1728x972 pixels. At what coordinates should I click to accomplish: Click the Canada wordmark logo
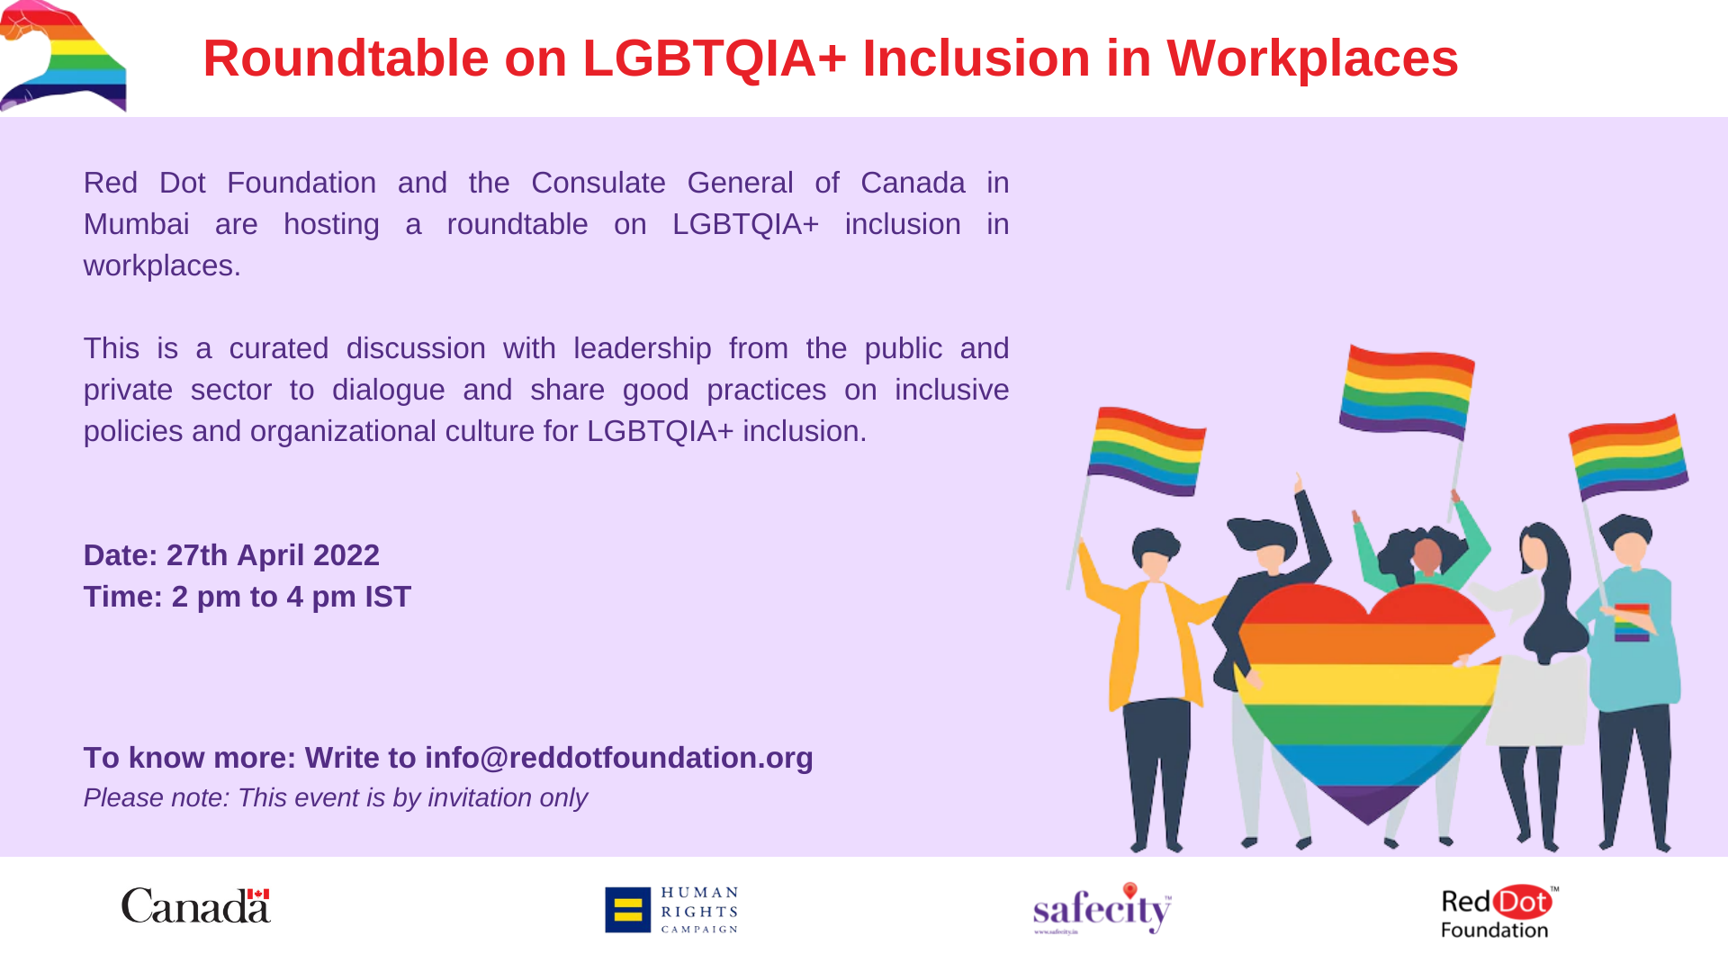coord(196,905)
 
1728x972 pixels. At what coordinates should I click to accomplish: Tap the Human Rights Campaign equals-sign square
coord(627,910)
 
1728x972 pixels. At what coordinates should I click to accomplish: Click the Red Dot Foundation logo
coord(1499,912)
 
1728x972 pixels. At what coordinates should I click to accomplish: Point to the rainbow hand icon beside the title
coord(63,56)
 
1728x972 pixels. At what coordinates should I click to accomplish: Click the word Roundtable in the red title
coord(346,58)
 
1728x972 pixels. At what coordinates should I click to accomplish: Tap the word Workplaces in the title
coord(1312,58)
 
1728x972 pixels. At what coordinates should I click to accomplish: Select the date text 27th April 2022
coord(273,555)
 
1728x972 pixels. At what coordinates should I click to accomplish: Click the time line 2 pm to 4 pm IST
coord(247,597)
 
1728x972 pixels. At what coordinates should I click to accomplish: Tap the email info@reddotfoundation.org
coord(619,758)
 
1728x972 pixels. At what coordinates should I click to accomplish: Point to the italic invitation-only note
coord(335,797)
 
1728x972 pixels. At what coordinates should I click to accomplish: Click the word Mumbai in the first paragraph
coord(137,224)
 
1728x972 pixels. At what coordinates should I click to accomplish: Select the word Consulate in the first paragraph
coord(598,183)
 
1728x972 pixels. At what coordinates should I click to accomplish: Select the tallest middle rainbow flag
coord(1406,391)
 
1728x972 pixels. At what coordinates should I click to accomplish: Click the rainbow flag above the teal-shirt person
coord(1628,456)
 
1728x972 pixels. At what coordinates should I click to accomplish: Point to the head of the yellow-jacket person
coord(1156,552)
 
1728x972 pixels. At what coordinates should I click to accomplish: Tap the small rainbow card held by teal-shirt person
coord(1632,622)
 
